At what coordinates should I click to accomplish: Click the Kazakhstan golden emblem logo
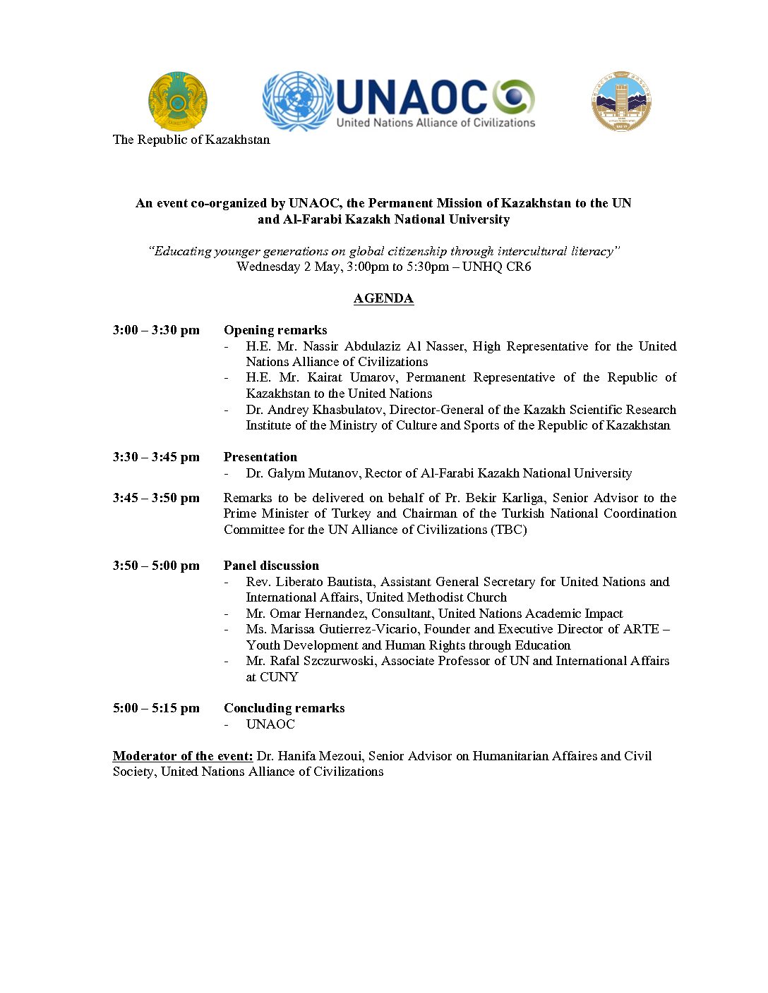pyautogui.click(x=178, y=102)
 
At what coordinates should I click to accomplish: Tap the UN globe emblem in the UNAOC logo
pyautogui.click(x=297, y=101)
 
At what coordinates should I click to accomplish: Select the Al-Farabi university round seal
pyautogui.click(x=621, y=101)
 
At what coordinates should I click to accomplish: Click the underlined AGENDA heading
pyautogui.click(x=383, y=298)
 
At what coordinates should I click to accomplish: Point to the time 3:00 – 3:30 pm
pyautogui.click(x=156, y=330)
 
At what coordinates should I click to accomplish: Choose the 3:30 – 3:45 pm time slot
pyautogui.click(x=156, y=457)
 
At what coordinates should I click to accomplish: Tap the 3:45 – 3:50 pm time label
pyautogui.click(x=156, y=498)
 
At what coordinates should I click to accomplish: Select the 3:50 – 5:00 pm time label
pyautogui.click(x=156, y=566)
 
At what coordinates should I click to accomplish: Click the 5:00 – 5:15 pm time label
pyautogui.click(x=156, y=708)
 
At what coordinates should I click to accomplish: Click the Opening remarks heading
pyautogui.click(x=275, y=330)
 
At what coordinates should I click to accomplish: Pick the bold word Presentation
pyautogui.click(x=260, y=457)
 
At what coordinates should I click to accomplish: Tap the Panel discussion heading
pyautogui.click(x=271, y=566)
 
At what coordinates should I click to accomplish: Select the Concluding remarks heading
pyautogui.click(x=284, y=708)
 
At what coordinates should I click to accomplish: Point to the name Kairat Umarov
pyautogui.click(x=351, y=377)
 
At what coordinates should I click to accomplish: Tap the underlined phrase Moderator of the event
pyautogui.click(x=183, y=756)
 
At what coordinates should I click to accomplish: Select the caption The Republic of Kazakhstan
pyautogui.click(x=191, y=140)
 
